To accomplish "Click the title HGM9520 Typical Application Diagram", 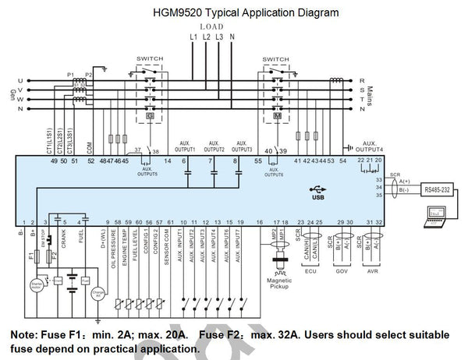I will (233, 12).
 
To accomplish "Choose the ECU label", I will (310, 273).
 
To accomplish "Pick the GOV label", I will (342, 273).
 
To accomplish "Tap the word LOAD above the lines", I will (212, 25).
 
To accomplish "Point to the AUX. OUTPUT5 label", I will (147, 171).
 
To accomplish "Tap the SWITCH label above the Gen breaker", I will (150, 58).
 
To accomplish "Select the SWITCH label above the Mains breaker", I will (275, 58).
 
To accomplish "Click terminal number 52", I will (90, 161).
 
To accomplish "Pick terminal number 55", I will (257, 161).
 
